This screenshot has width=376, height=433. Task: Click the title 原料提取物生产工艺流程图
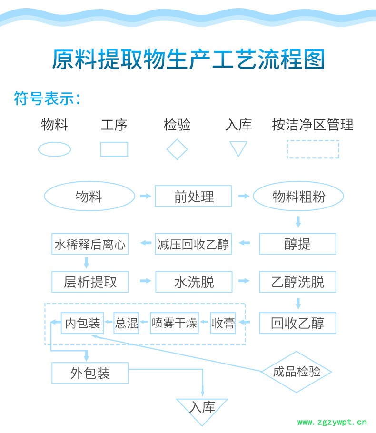click(x=188, y=60)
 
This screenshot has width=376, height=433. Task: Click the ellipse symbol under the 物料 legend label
click(x=54, y=149)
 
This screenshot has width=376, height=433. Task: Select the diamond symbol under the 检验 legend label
click(x=177, y=149)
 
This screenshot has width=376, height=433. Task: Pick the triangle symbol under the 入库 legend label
click(x=238, y=148)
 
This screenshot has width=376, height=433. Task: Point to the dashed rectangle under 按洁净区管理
click(x=313, y=149)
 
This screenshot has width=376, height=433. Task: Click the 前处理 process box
click(x=194, y=196)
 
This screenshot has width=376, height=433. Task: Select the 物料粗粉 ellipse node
click(x=298, y=196)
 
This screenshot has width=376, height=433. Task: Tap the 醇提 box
click(x=297, y=244)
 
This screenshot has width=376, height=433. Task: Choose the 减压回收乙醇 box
click(x=194, y=244)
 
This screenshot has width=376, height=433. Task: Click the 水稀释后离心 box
click(x=90, y=244)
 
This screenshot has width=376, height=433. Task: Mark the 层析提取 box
click(x=90, y=282)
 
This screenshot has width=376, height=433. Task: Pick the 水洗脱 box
click(x=194, y=282)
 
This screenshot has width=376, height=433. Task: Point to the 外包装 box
click(x=90, y=373)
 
